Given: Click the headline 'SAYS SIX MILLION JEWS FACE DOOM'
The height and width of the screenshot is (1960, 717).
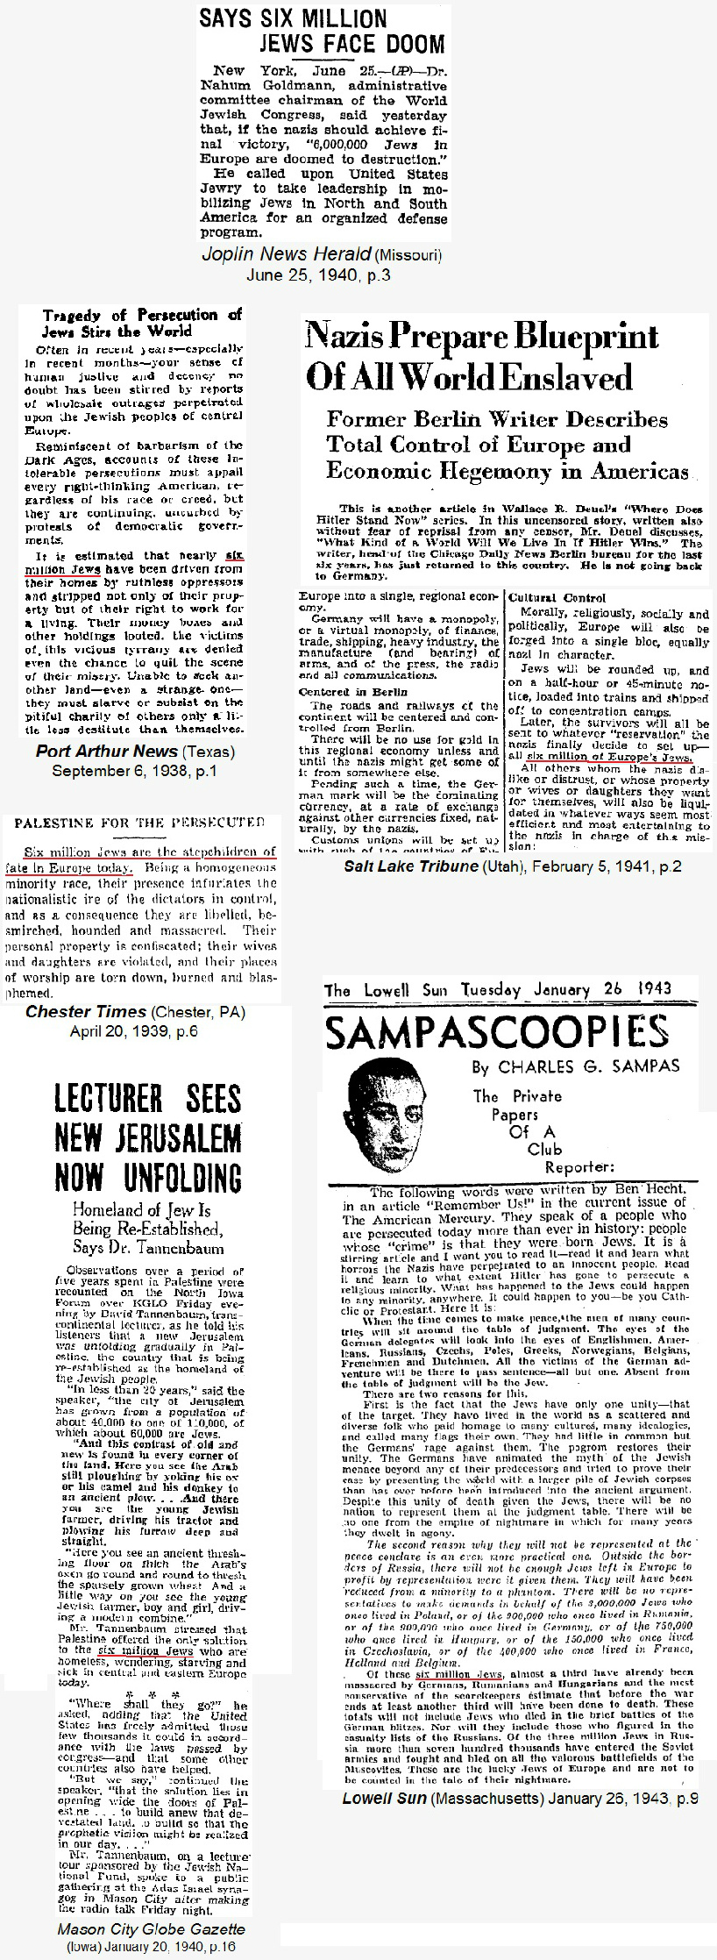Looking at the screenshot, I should pyautogui.click(x=323, y=32).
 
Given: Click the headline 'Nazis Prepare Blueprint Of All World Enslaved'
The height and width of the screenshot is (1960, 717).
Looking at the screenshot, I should pyautogui.click(x=481, y=357).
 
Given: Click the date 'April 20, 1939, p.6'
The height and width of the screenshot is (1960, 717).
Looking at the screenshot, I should pyautogui.click(x=134, y=1030).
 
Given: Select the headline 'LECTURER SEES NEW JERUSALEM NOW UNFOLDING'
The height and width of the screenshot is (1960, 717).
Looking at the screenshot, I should pyautogui.click(x=148, y=1137).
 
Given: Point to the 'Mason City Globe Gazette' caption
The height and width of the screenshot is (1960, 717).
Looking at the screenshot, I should pyautogui.click(x=151, y=1929).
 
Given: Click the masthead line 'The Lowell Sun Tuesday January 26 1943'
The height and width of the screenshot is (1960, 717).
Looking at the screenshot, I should pyautogui.click(x=497, y=991).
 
